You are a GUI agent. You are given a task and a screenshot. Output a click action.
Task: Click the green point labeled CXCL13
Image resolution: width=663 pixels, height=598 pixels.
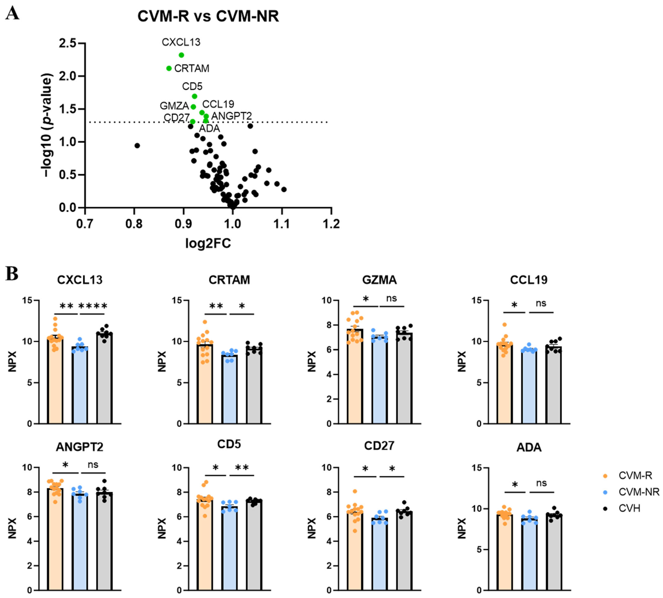click(181, 55)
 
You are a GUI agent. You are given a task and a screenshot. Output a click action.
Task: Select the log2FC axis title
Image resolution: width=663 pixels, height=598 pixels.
click(208, 243)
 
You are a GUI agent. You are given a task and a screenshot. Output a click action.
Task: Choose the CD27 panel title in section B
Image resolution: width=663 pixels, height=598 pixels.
click(379, 446)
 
